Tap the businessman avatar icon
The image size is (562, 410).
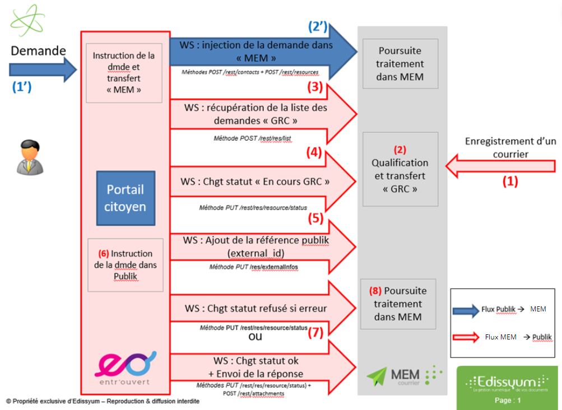(x=27, y=156)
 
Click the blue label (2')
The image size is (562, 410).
(x=317, y=26)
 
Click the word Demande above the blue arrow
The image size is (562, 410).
(x=38, y=51)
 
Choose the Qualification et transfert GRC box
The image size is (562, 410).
(x=399, y=169)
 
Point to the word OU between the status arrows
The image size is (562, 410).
(x=255, y=338)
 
